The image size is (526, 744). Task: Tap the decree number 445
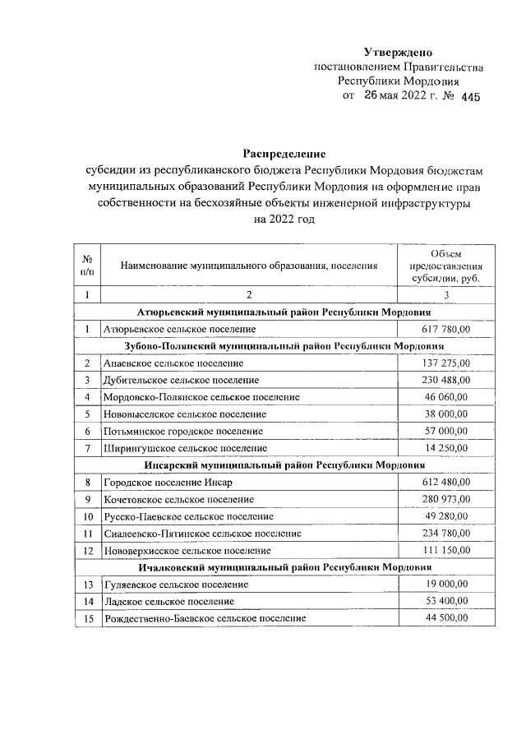pos(468,97)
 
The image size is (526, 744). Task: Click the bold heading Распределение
pos(284,154)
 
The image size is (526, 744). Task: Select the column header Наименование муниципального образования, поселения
pos(249,266)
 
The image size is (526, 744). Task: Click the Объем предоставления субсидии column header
pos(446,266)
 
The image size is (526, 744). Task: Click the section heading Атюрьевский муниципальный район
pos(284,312)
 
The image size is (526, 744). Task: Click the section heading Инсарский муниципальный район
pos(284,464)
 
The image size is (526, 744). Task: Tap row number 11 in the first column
pos(86,533)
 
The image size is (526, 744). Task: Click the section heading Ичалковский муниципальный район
pos(284,567)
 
